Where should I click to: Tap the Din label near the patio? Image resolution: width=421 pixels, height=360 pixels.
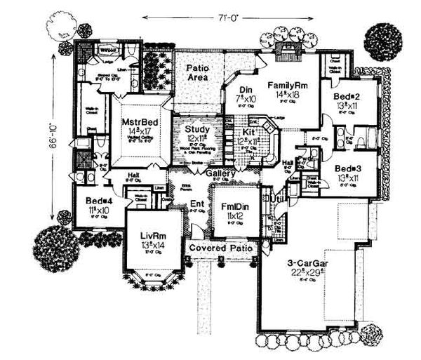pyautogui.click(x=246, y=89)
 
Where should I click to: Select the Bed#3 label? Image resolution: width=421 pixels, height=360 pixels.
pyautogui.click(x=347, y=169)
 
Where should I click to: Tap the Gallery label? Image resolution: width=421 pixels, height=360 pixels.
pyautogui.click(x=220, y=173)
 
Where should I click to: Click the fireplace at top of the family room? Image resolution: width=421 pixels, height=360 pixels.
pyautogui.click(x=288, y=48)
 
